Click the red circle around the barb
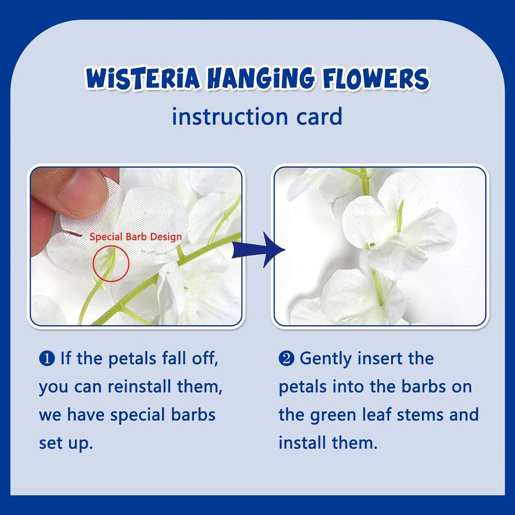tap(111, 263)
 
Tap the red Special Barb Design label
tap(135, 237)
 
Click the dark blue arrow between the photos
tap(258, 249)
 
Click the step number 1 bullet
tap(47, 359)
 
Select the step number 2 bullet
tap(286, 359)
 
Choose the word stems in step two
tap(420, 415)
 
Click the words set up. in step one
tap(66, 443)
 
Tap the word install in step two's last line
tap(302, 443)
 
